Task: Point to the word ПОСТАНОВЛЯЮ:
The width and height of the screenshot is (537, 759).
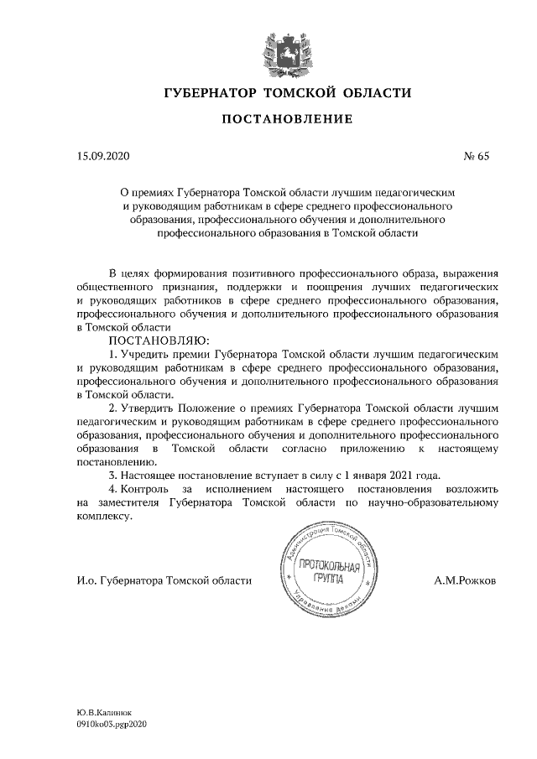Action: coord(152,341)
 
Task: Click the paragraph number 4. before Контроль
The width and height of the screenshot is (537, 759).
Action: coord(114,488)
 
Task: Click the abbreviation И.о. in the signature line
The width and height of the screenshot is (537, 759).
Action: coord(86,580)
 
